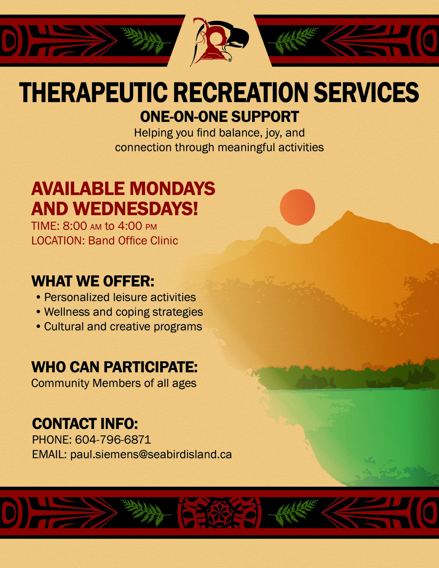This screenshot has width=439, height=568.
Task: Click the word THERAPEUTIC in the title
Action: (x=93, y=92)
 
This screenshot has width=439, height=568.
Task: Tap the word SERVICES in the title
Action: (x=366, y=92)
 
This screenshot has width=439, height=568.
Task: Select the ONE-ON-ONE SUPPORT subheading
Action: (x=219, y=117)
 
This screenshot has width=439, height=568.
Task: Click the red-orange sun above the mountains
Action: (x=297, y=207)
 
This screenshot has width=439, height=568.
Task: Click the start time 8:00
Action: (x=75, y=226)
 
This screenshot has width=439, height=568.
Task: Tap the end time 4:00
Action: (x=130, y=226)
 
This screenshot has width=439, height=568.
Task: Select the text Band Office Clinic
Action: (x=133, y=241)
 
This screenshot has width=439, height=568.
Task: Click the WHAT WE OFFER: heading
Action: (x=93, y=281)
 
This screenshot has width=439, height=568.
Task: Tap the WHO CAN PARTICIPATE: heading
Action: (x=115, y=367)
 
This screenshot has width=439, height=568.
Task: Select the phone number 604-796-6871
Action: (x=113, y=440)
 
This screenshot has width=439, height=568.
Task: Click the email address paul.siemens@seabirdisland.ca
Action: (x=151, y=455)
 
